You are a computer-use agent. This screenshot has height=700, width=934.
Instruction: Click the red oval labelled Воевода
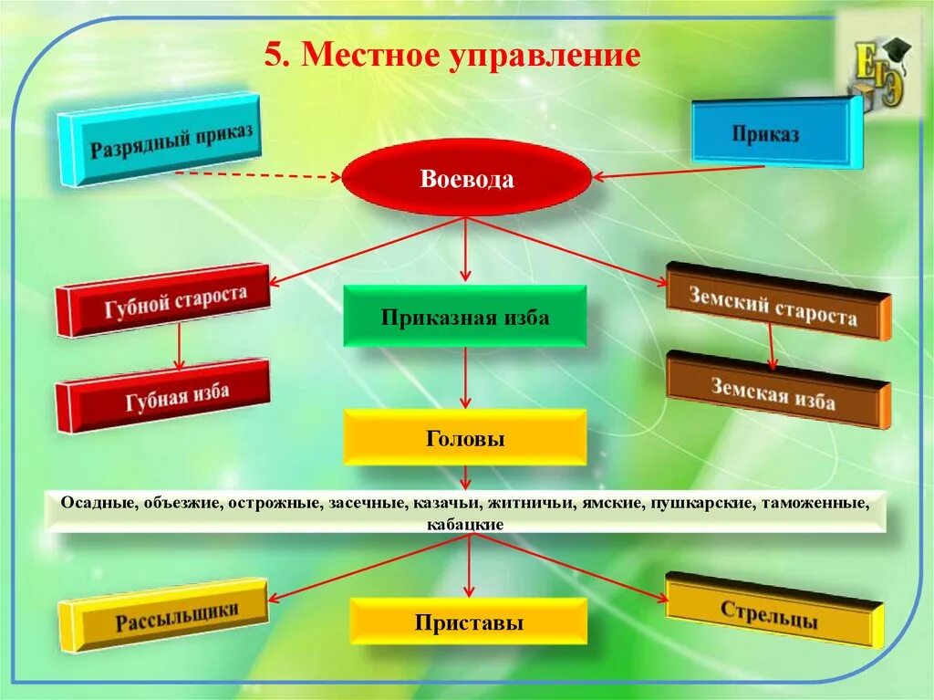pos(466,179)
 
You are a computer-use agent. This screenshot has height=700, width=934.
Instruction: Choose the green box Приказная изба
pos(465,317)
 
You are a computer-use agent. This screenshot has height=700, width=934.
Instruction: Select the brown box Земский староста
pos(775,303)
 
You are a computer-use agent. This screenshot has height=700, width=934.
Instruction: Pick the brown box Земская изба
pos(775,391)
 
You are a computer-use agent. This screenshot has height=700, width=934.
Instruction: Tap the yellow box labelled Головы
pos(465,438)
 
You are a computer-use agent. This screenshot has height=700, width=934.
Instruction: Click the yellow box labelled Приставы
pos(469,622)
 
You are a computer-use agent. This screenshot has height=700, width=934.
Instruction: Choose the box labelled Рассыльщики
pos(164,616)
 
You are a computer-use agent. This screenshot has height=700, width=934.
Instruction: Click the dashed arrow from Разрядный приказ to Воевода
pos(255,175)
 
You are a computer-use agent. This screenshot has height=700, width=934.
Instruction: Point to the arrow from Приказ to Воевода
pos(680,171)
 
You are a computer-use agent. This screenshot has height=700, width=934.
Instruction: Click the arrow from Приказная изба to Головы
pos(465,377)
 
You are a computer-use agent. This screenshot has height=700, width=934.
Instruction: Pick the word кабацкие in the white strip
pos(465,525)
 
